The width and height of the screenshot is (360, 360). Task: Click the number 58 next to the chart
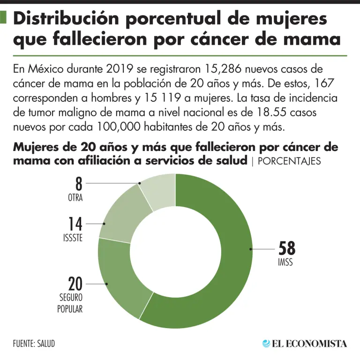(x=287, y=248)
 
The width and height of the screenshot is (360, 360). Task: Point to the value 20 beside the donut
(x=75, y=284)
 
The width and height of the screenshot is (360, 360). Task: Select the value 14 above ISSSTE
(x=75, y=224)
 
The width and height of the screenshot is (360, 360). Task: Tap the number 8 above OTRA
(x=79, y=183)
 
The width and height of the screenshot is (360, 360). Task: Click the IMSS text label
(x=285, y=262)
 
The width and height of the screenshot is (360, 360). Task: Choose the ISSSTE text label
(x=73, y=238)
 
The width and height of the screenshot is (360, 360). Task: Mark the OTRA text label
(x=75, y=198)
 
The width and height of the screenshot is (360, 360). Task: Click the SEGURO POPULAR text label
(x=70, y=303)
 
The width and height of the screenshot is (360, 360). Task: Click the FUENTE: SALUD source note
(x=34, y=344)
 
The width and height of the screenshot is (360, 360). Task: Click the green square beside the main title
(x=4, y=19)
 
